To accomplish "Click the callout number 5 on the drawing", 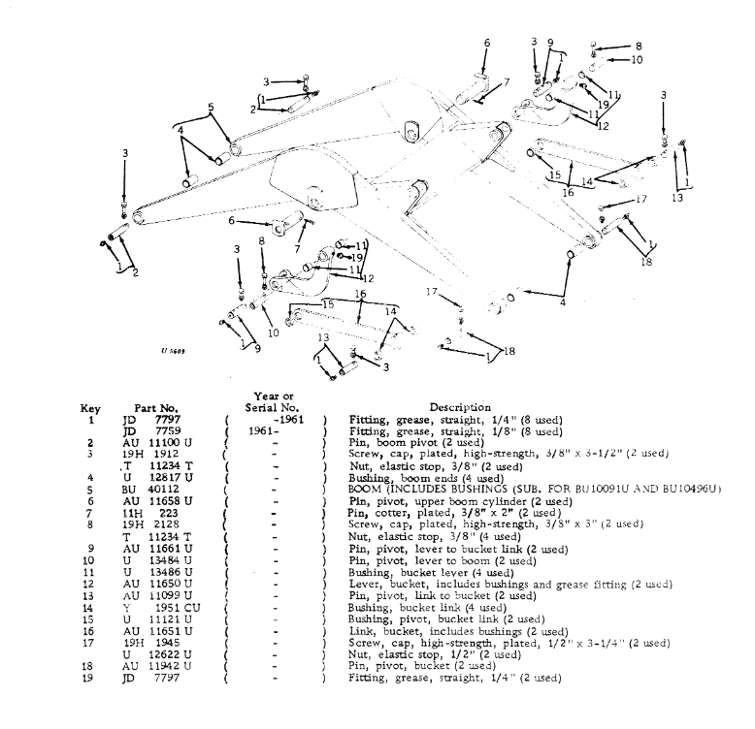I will click(x=210, y=107).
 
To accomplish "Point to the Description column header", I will click(x=459, y=408).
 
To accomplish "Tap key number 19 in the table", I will click(x=89, y=678).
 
